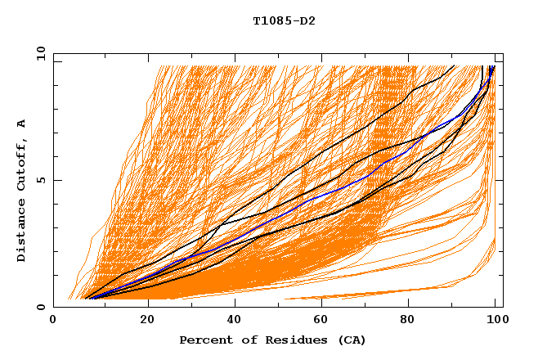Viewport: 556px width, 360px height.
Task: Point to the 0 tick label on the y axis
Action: pos(41,307)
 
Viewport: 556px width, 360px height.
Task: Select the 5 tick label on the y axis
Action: pos(41,180)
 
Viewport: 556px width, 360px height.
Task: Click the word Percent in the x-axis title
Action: pos(202,340)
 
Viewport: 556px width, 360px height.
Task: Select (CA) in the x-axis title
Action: pos(349,340)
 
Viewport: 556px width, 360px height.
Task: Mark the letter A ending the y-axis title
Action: pos(21,124)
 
